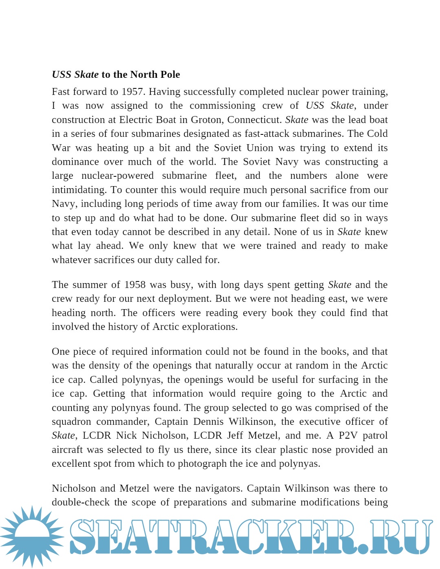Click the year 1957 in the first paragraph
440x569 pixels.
coord(133,92)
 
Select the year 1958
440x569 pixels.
coord(134,285)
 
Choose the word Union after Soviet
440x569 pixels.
coord(260,148)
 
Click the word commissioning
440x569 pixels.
coord(222,105)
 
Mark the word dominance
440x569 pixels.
coord(75,162)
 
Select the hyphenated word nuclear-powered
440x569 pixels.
coord(117,176)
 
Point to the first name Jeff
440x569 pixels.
coord(235,435)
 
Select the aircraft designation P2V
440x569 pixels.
coord(348,435)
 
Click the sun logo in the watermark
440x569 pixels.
coord(32,536)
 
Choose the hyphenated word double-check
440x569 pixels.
coord(81,502)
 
